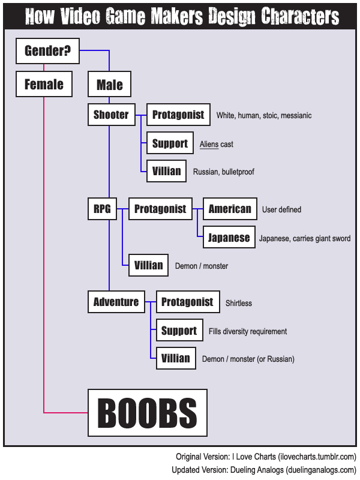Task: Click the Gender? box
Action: click(47, 52)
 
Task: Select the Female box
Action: click(44, 85)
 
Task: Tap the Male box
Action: click(109, 85)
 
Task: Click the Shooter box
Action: click(111, 115)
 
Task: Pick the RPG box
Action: click(102, 209)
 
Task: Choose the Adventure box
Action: click(116, 302)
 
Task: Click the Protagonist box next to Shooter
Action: click(178, 115)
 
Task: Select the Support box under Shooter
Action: click(170, 143)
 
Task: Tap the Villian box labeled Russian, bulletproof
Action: click(166, 171)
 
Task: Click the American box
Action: click(230, 209)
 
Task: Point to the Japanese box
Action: click(229, 238)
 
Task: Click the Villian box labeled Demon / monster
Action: click(148, 265)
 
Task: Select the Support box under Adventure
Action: click(179, 331)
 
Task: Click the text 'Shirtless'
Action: click(239, 303)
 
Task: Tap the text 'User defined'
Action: click(281, 210)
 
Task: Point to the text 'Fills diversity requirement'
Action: click(248, 331)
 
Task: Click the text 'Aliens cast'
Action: click(217, 145)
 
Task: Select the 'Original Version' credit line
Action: click(266, 457)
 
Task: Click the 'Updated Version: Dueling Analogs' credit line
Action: click(264, 469)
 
